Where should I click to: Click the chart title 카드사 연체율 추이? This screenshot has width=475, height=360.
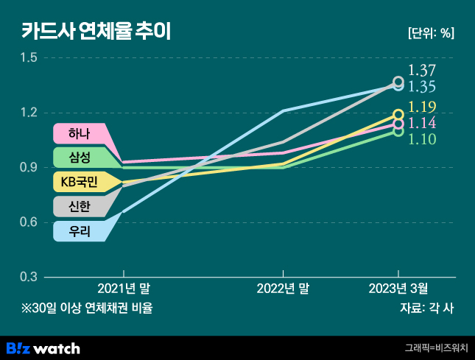click(x=96, y=32)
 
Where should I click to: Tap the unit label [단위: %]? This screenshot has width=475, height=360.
click(x=431, y=33)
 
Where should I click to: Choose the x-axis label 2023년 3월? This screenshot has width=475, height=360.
click(x=398, y=289)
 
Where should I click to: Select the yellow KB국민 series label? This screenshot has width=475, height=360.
click(x=78, y=182)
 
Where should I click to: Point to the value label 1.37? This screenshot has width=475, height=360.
click(x=422, y=71)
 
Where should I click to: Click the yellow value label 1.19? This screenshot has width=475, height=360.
click(x=422, y=107)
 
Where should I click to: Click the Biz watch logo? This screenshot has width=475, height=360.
click(x=43, y=347)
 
